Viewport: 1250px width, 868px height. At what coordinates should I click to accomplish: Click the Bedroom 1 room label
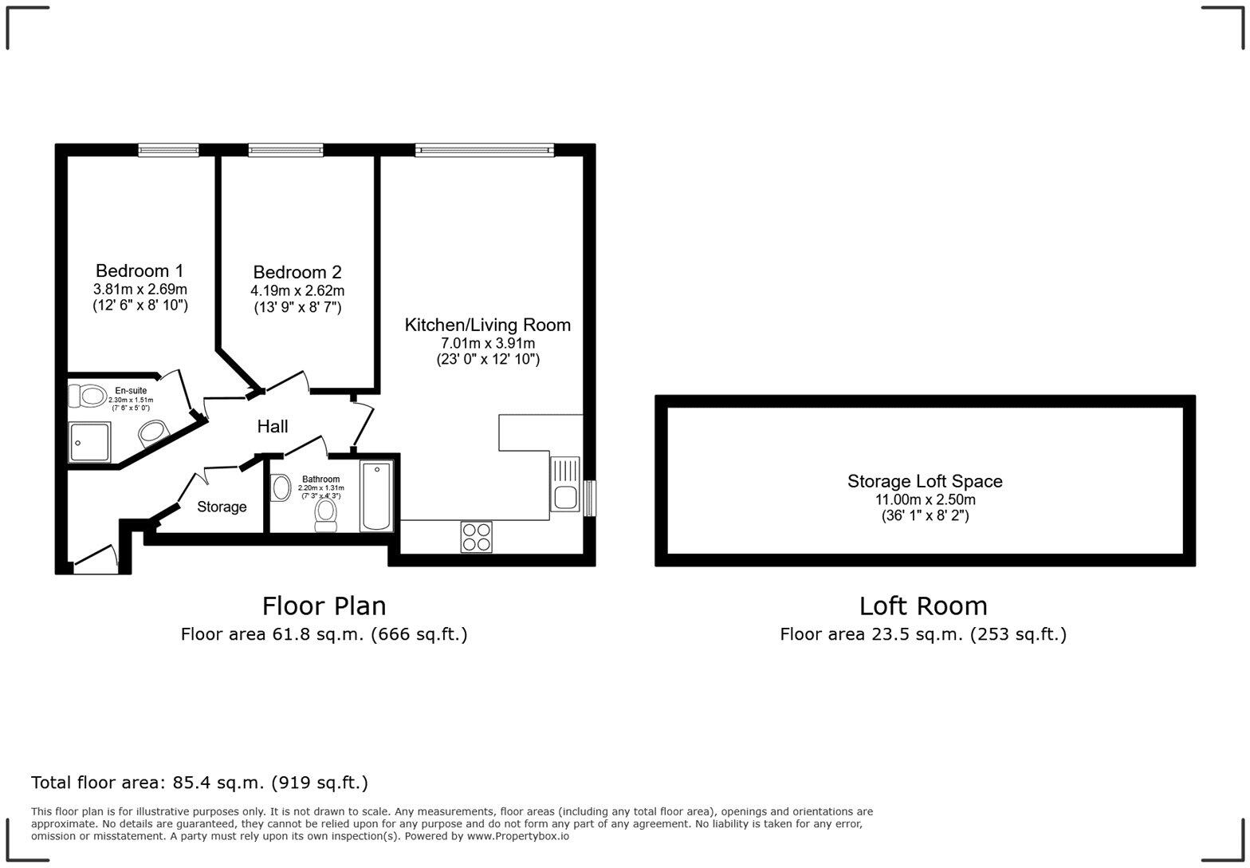pos(140,270)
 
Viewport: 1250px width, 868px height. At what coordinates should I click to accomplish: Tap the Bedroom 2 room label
pos(297,272)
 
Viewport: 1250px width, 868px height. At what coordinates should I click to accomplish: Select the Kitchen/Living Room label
pos(487,325)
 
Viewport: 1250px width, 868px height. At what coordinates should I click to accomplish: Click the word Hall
pos(272,427)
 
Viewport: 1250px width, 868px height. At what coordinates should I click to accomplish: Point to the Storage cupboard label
pos(222,507)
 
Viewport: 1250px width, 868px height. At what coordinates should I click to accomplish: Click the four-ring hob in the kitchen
pos(476,536)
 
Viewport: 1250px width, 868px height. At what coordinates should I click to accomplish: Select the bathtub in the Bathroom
pos(376,495)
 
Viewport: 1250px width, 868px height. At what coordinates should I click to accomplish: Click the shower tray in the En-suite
pos(89,442)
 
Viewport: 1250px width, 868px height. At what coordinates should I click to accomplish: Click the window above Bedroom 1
pos(167,149)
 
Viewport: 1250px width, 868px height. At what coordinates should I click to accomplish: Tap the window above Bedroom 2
pos(285,149)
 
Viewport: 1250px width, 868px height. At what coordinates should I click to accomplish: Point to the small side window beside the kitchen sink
pos(589,498)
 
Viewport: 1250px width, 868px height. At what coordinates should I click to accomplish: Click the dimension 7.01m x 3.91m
pos(487,343)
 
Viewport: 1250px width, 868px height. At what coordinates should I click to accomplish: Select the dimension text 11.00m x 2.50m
pos(925,499)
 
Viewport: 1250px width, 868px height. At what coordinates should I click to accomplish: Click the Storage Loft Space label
pos(925,481)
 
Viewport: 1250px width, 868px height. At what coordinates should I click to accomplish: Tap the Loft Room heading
pos(922,606)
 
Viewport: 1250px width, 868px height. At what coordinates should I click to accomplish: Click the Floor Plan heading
pos(324,606)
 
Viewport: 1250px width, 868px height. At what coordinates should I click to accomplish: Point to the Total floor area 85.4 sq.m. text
pos(199,783)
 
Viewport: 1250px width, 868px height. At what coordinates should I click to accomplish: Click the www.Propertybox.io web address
pos(517,836)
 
